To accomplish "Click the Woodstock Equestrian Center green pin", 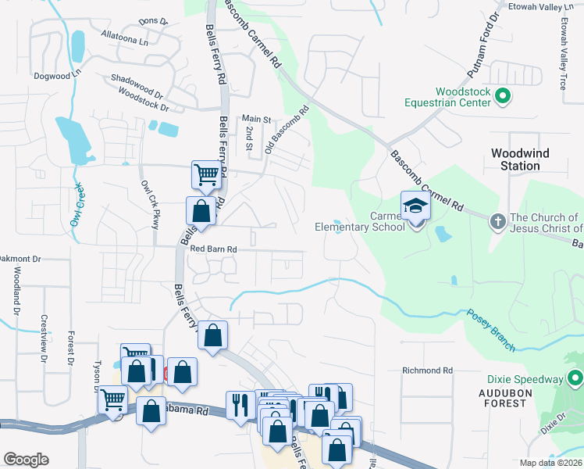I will pos(503,97).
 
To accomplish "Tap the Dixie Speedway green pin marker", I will pos(575,379).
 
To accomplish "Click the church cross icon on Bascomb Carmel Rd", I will pos(497,220).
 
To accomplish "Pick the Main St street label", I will pos(255,120).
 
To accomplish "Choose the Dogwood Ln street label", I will pos(57,76).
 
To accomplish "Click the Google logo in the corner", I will pos(26,460).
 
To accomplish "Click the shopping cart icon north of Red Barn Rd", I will pos(206,174).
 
